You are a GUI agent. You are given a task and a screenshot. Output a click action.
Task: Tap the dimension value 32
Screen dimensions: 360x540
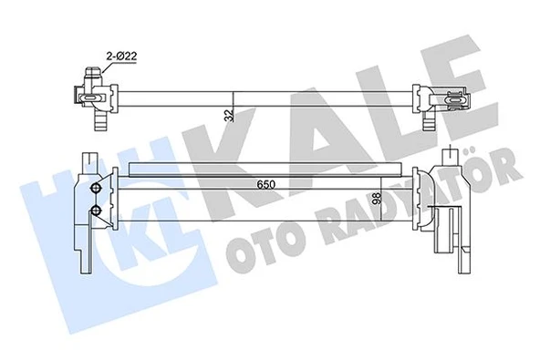pos(227,114)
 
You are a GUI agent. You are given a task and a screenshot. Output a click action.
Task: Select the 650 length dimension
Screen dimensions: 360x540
pos(265,184)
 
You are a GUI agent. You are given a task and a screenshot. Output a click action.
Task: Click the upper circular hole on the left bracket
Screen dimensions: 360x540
pos(96,189)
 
